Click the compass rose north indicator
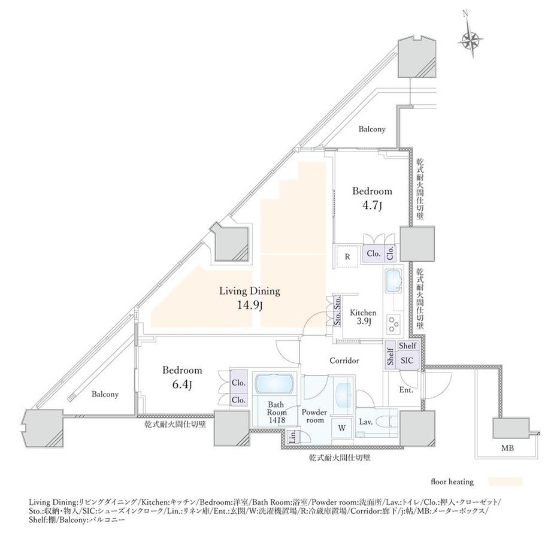[x=471, y=40]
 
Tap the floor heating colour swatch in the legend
[x=505, y=481]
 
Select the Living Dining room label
[x=250, y=292]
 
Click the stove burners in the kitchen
[x=395, y=324]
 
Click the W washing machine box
[x=341, y=428]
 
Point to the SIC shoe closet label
[x=407, y=361]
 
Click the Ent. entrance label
[x=406, y=390]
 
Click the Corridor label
[x=344, y=361]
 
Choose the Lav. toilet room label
[x=366, y=422]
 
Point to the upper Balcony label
[x=372, y=129]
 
